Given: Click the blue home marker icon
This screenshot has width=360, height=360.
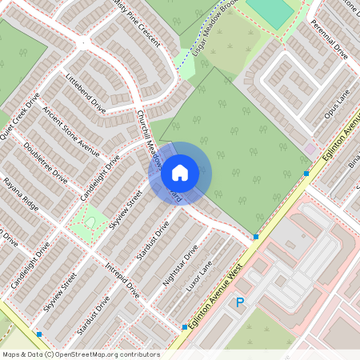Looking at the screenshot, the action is (180, 172).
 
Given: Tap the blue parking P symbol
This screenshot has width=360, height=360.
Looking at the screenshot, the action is (239, 302).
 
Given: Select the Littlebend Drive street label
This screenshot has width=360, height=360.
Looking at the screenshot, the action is (86, 93).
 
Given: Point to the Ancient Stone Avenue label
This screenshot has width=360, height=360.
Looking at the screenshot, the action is (70, 131).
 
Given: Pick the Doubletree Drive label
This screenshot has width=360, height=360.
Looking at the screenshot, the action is (46, 163).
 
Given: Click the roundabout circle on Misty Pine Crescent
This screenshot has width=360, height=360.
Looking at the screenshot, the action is (83, 42).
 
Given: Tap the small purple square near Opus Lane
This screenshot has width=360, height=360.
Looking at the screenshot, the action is (310, 149).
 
